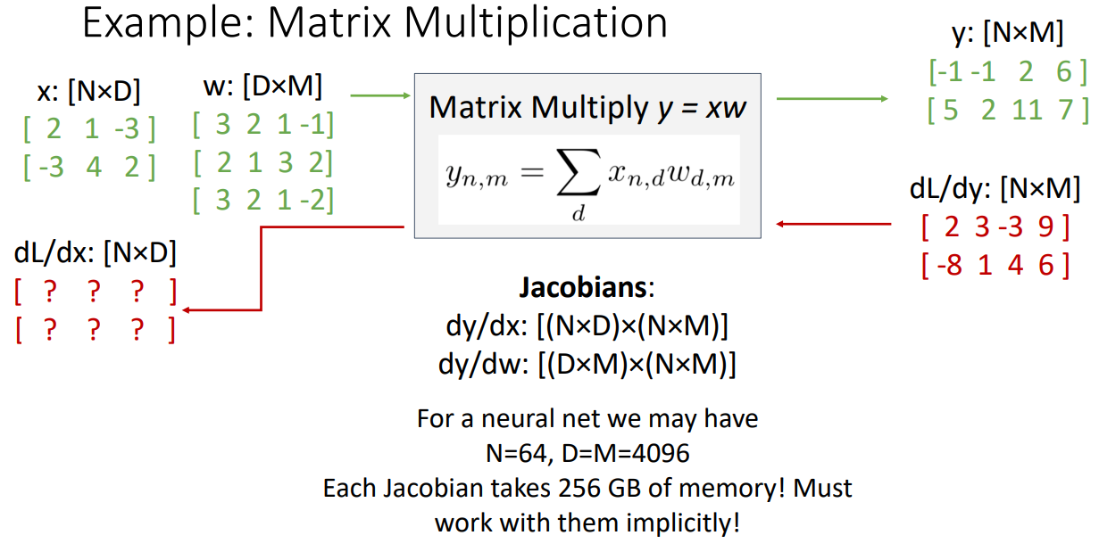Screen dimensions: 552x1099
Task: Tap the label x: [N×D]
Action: [88, 91]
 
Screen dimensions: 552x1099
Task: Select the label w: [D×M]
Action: [262, 87]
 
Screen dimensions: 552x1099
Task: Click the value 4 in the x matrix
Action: [95, 167]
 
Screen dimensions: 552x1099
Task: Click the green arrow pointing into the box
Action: [379, 95]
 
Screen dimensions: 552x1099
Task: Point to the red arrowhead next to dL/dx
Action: [187, 309]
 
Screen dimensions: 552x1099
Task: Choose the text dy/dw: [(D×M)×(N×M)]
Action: [587, 366]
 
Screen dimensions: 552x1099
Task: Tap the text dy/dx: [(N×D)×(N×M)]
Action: [587, 327]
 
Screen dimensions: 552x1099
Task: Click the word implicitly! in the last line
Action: [687, 522]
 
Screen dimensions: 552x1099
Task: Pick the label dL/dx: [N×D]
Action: [96, 253]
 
